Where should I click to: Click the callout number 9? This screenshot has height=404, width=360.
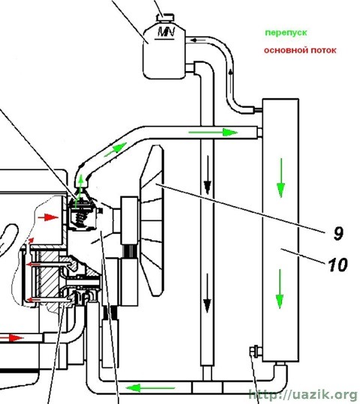338,233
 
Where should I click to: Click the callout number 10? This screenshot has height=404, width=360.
337,265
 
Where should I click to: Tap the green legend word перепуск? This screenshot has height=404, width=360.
286,33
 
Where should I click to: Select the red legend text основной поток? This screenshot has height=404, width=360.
300,50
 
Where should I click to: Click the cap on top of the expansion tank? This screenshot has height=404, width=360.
165,17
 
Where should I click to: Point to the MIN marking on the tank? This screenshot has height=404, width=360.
166,32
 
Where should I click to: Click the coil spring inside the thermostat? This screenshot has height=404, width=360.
80,220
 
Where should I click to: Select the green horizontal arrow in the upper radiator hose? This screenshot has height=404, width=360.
213,133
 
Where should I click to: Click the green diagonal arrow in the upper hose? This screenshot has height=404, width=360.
115,150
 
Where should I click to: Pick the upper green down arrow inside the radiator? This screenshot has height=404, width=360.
280,178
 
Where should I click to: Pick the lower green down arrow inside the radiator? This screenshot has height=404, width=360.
280,289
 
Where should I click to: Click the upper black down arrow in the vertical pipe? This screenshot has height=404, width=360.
208,175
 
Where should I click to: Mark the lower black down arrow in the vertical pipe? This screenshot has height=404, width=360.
207,293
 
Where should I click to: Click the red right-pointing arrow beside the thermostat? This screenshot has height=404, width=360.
48,217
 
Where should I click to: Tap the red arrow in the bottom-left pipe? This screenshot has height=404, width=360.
12,337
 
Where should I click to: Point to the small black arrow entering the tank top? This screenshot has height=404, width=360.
198,40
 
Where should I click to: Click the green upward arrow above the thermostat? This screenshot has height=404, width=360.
80,191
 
